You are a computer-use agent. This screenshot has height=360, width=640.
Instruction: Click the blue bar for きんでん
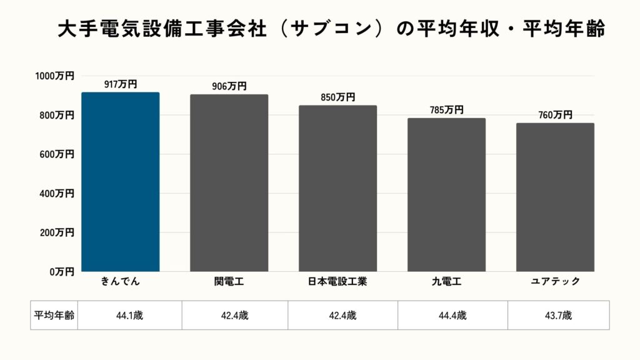pyautogui.click(x=121, y=182)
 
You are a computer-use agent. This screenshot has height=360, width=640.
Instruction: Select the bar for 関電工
pyautogui.click(x=229, y=183)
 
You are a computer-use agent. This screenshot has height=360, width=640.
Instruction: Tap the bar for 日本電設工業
pyautogui.click(x=337, y=188)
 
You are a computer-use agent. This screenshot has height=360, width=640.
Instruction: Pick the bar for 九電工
pyautogui.click(x=446, y=194)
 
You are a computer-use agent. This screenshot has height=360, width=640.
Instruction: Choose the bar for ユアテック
pyautogui.click(x=555, y=197)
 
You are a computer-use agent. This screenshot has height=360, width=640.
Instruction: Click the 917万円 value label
pyautogui.click(x=121, y=84)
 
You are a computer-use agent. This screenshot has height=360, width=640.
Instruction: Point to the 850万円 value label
pyautogui.click(x=337, y=97)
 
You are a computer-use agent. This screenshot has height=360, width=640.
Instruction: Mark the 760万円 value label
pyautogui.click(x=555, y=115)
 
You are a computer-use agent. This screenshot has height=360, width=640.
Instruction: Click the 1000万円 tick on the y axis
pyautogui.click(x=54, y=76)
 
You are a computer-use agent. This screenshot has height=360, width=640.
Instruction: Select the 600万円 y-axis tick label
pyautogui.click(x=56, y=154)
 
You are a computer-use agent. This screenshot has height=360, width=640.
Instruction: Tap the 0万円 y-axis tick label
pyautogui.click(x=62, y=271)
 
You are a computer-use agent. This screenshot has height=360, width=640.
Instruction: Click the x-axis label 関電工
pyautogui.click(x=229, y=282)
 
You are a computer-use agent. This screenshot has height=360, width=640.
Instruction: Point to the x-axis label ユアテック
pyautogui.click(x=555, y=282)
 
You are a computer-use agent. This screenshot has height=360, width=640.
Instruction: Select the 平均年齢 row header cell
pyautogui.click(x=54, y=316)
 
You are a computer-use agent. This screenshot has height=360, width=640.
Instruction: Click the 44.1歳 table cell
pyautogui.click(x=129, y=316)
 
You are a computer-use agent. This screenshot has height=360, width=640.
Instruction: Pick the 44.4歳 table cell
pyautogui.click(x=452, y=316)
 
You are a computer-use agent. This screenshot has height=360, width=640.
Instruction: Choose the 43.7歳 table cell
pyautogui.click(x=558, y=316)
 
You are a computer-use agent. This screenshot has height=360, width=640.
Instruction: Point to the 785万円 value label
pyautogui.click(x=446, y=110)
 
